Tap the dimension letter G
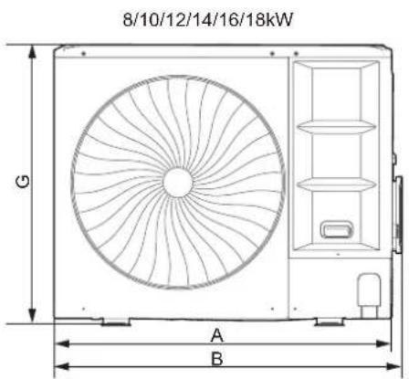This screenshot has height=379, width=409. (x=23, y=182)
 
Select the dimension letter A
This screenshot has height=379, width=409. (x=217, y=335)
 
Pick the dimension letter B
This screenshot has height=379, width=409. (x=217, y=358)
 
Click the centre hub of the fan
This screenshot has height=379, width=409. (x=178, y=182)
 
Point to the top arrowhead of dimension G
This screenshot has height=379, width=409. (x=32, y=52)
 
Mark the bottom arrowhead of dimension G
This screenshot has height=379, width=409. (x=32, y=316)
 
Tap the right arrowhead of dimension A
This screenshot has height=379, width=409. (x=383, y=344)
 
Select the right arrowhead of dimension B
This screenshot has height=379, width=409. (x=393, y=367)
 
